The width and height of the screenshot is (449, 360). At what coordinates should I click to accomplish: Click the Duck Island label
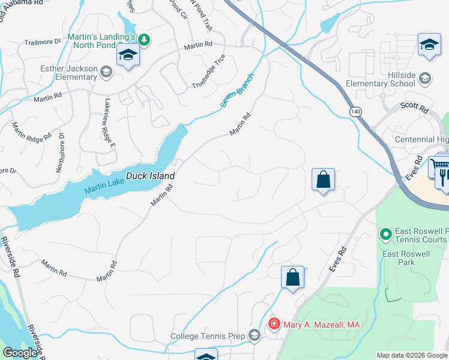tap(150, 176)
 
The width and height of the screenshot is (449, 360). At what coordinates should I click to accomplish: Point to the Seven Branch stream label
tap(237, 91)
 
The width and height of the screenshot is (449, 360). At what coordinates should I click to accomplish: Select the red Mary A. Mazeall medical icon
tap(274, 324)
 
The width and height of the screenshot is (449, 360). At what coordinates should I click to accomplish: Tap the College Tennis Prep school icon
tap(255, 336)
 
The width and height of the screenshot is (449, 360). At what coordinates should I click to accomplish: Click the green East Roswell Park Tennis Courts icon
tap(385, 233)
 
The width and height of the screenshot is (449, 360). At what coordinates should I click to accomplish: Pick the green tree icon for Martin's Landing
tap(143, 40)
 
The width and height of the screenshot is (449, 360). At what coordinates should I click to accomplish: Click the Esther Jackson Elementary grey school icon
tap(106, 73)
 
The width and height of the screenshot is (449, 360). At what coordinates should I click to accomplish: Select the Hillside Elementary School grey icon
tap(425, 78)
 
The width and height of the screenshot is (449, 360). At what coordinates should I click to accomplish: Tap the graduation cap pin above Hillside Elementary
tap(429, 45)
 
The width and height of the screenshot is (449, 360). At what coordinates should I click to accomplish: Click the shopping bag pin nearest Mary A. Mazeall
tap(292, 278)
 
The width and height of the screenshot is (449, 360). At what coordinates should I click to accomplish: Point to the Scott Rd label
tap(415, 109)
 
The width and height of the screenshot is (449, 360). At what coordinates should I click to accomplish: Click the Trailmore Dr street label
tap(43, 42)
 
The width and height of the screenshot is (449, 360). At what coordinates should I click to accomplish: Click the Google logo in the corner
tap(20, 353)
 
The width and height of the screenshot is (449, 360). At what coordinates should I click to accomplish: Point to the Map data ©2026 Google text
tap(412, 355)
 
